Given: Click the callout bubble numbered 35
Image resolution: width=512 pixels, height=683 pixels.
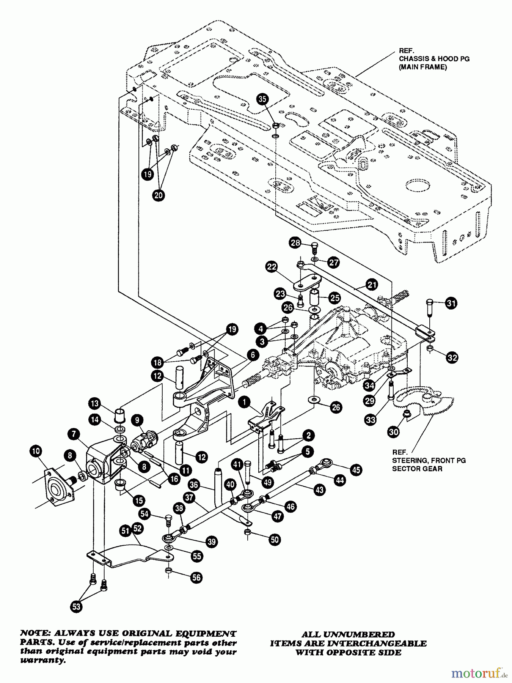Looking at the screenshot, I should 262,99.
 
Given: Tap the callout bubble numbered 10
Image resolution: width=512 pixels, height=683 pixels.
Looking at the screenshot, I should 36,451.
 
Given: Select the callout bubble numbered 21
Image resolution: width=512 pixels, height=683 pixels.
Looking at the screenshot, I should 372,284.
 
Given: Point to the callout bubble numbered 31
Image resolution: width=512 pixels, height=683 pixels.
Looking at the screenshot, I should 451,303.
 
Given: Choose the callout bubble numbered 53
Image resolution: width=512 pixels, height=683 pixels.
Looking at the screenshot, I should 76,606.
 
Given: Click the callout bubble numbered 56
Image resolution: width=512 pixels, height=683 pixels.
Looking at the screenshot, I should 196,578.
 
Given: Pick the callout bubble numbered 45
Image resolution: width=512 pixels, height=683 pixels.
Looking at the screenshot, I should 356,470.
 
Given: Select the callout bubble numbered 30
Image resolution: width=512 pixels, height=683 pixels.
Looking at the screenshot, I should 394,432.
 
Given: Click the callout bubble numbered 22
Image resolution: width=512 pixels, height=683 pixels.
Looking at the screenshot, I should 272,267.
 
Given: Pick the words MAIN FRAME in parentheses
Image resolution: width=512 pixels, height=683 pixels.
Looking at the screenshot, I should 423,67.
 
